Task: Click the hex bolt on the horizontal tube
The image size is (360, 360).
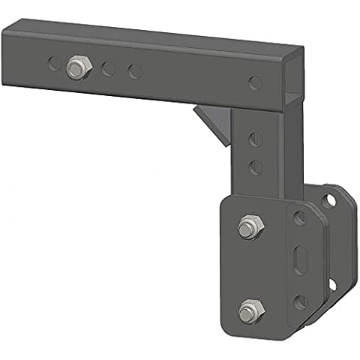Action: click(76, 67)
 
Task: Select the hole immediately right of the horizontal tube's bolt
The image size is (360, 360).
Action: click(109, 69)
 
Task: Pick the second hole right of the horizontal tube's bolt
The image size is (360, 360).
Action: click(135, 72)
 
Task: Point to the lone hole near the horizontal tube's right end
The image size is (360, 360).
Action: click(256, 81)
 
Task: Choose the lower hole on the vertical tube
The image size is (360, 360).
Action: click(254, 166)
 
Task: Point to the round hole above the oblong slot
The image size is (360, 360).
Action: click(299, 218)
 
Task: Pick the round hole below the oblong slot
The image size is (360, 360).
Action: click(299, 301)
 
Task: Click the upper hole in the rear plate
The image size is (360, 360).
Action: click(328, 200)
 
